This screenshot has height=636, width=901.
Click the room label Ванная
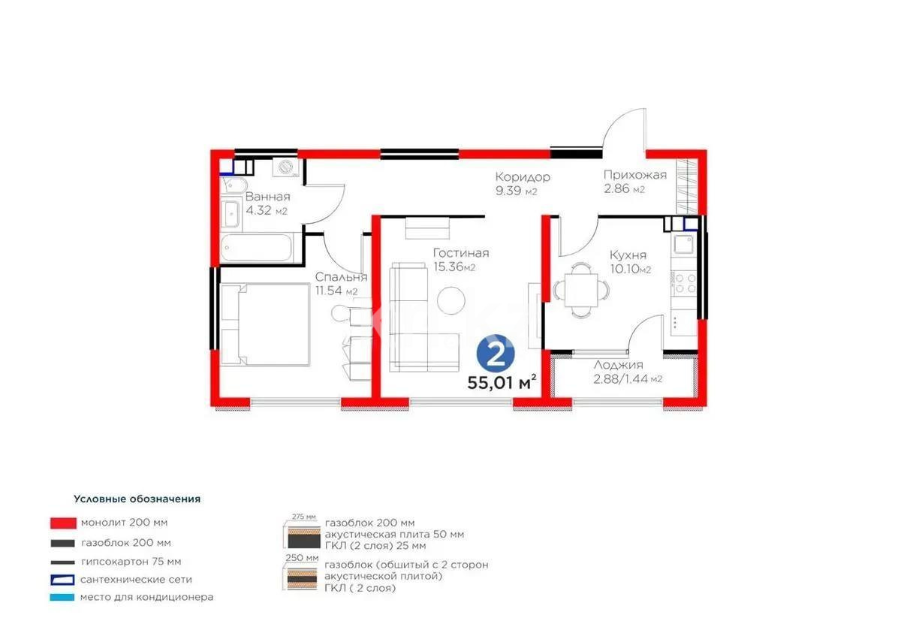tap(267, 197)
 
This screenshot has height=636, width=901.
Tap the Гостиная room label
tap(460, 253)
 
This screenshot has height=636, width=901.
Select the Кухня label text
tap(628, 255)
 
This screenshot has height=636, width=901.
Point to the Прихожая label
tap(635, 176)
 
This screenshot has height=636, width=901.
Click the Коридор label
tap(522, 177)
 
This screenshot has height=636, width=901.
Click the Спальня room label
tap(340, 277)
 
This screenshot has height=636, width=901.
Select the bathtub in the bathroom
tap(258, 249)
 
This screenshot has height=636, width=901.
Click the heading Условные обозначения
tap(137, 499)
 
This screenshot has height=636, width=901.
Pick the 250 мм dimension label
tap(300, 559)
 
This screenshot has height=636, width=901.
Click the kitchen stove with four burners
tap(685, 282)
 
